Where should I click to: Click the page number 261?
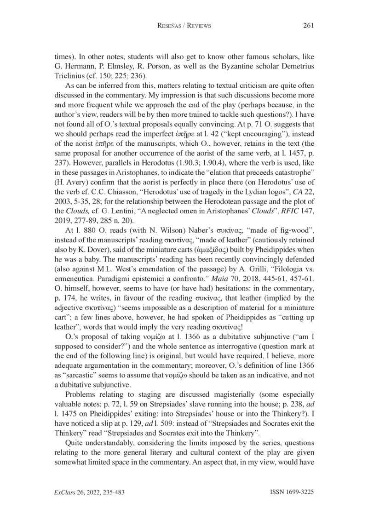308,26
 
